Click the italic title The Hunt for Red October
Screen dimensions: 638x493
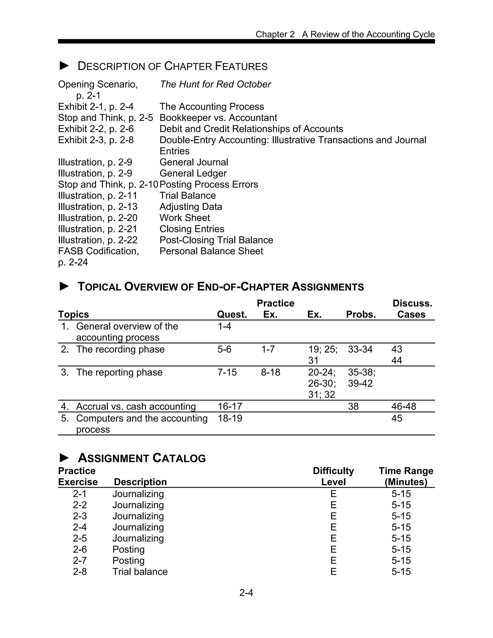pyautogui.click(x=215, y=85)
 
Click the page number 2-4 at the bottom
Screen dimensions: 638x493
pyautogui.click(x=246, y=592)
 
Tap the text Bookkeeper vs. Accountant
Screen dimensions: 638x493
pyautogui.click(x=218, y=118)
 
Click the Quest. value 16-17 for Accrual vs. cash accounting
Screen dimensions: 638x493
pyautogui.click(x=230, y=406)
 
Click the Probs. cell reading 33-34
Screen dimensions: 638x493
pyautogui.click(x=360, y=349)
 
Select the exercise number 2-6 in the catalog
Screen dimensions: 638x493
pyautogui.click(x=80, y=549)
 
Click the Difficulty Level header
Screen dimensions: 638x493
pyautogui.click(x=333, y=476)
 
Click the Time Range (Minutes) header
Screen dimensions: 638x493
pyautogui.click(x=406, y=476)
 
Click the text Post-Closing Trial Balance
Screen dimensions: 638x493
pyautogui.click(x=216, y=240)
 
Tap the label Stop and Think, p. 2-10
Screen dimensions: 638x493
pyautogui.click(x=108, y=185)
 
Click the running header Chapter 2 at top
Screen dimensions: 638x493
pyautogui.click(x=275, y=34)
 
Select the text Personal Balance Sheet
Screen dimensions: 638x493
pyautogui.click(x=211, y=251)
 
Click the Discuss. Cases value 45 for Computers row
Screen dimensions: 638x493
pyautogui.click(x=397, y=418)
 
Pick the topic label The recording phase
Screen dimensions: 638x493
pyautogui.click(x=120, y=349)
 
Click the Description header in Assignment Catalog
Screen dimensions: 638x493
pyautogui.click(x=140, y=482)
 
